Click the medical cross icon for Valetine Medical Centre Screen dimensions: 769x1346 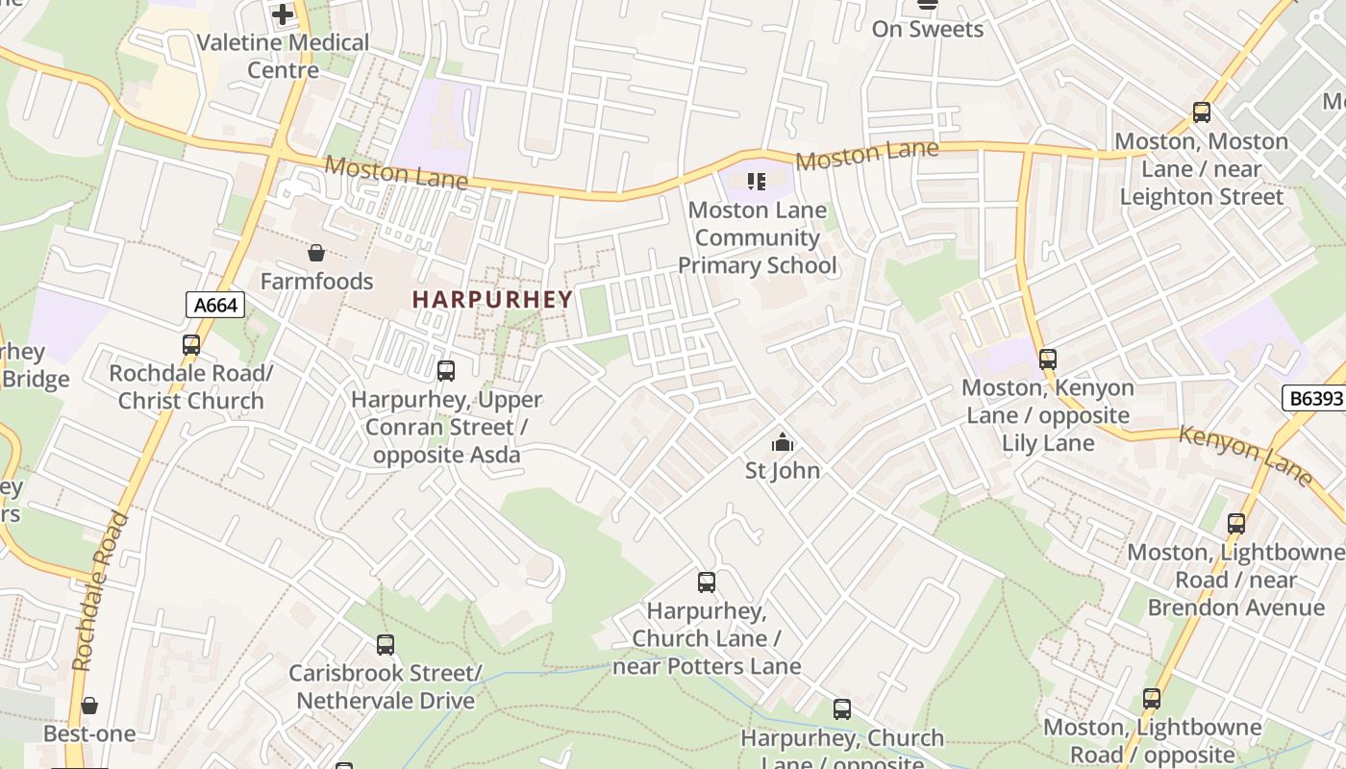283,14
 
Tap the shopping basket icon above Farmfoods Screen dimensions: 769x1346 315,253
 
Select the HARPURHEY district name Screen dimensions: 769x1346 492,300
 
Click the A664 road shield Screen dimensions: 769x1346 215,306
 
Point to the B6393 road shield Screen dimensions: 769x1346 1313,398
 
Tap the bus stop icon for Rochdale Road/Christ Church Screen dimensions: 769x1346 191,345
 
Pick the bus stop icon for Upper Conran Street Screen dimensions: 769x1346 446,371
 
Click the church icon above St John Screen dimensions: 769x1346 783,442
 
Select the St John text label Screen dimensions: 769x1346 783,470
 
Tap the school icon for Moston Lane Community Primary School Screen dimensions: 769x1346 756,181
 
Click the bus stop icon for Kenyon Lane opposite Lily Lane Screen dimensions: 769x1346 1048,360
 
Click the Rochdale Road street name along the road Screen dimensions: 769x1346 99,591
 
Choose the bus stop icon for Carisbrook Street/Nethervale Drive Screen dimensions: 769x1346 386,645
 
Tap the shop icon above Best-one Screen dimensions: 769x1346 89,707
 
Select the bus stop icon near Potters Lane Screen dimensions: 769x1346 707,583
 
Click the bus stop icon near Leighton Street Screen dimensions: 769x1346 1202,112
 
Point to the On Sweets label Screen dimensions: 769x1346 928,29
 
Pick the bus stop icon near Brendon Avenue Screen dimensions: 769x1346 1236,524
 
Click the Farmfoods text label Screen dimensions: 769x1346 316,282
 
